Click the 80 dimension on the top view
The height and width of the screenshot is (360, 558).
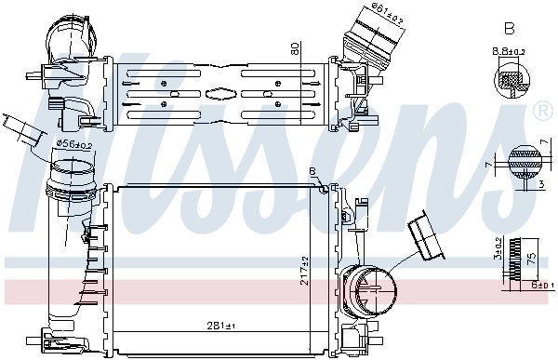point(296,47)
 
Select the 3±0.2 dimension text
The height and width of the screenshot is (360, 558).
point(498,247)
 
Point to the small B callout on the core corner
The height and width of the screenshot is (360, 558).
point(312,170)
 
